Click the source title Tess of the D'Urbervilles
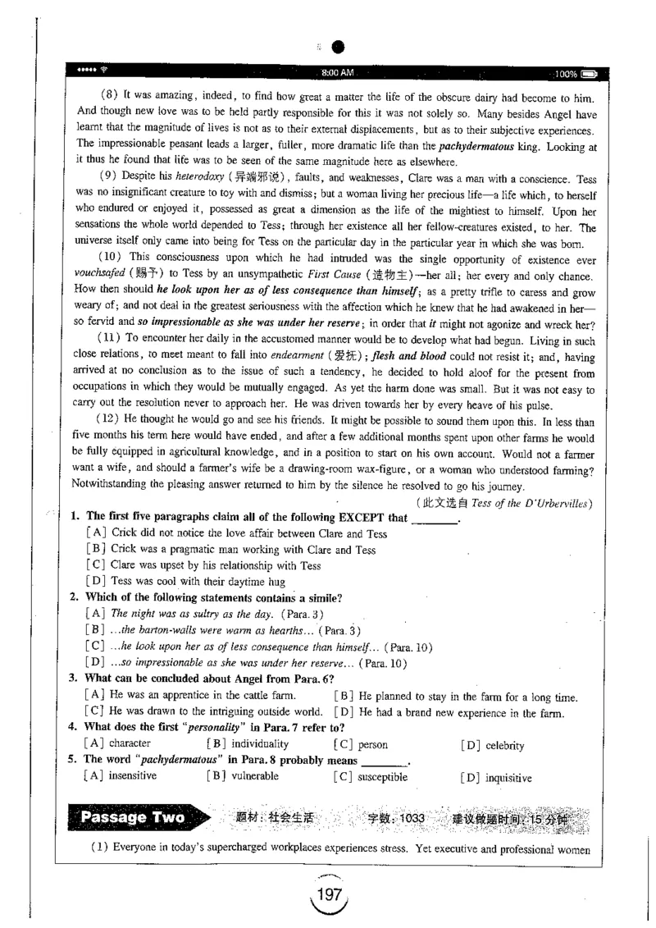[x=537, y=502]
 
